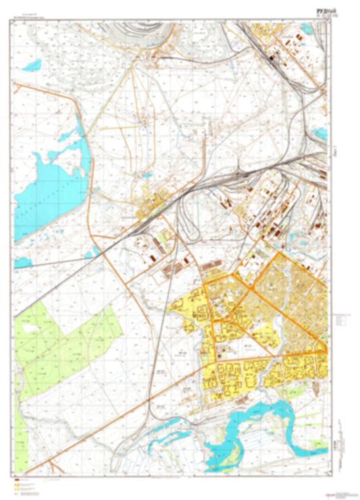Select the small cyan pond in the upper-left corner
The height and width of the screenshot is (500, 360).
tap(30, 66)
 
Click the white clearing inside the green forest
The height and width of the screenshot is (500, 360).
tap(30, 328)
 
